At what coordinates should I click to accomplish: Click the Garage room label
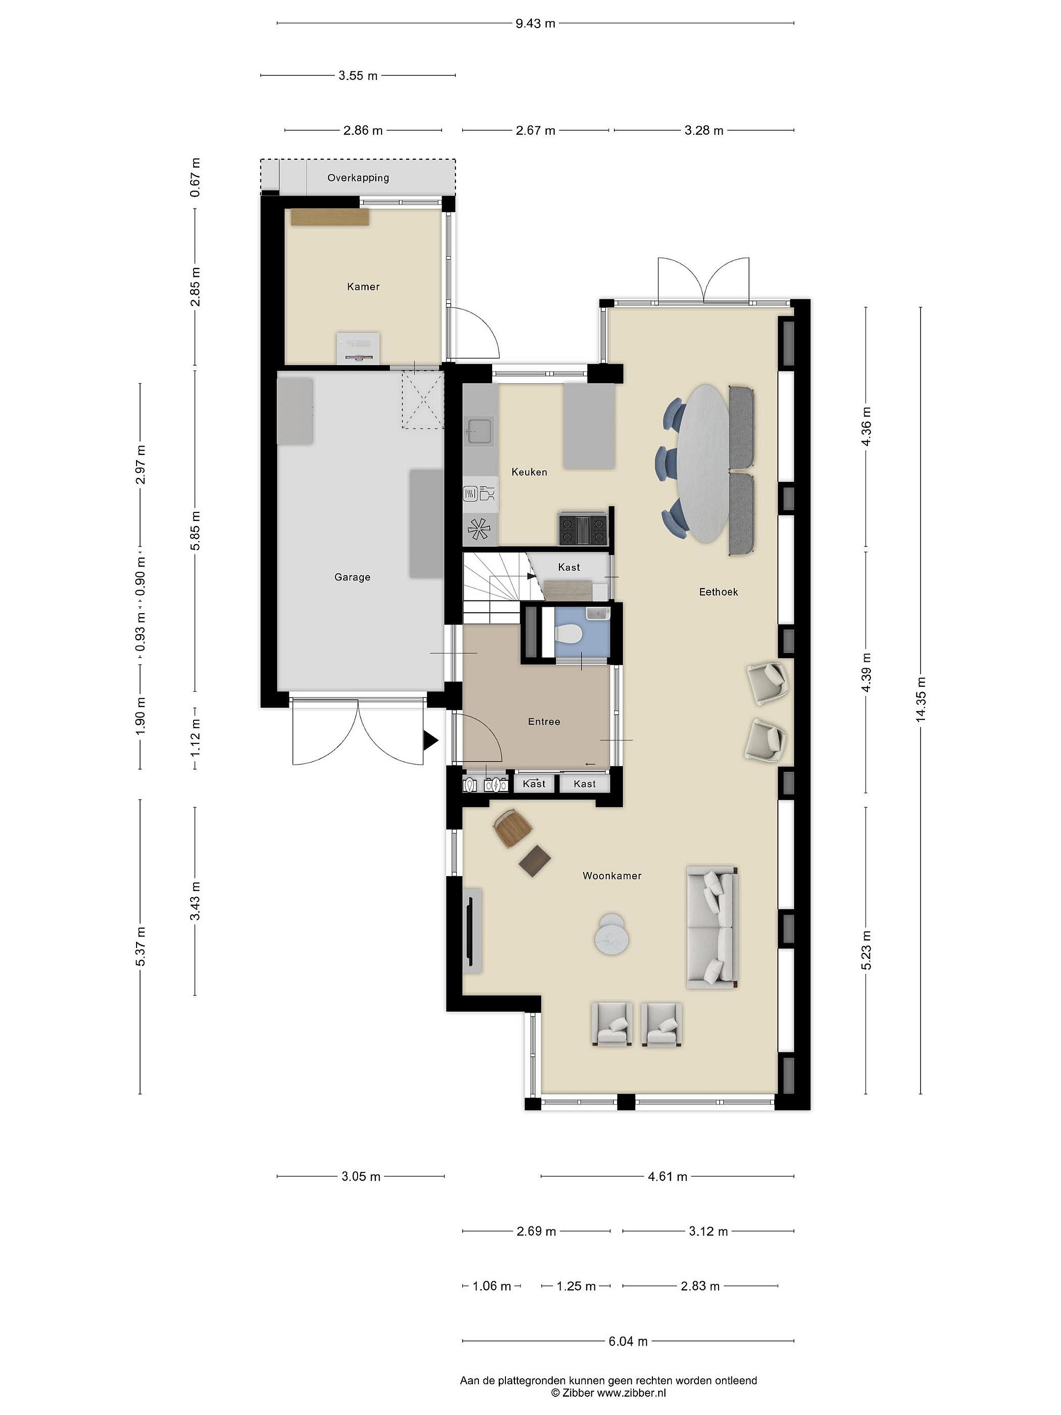(x=352, y=577)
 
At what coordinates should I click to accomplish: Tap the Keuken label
(x=529, y=472)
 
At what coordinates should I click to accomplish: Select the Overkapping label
(x=358, y=178)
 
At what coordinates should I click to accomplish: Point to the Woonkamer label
(x=612, y=876)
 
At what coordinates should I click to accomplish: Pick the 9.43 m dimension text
(x=535, y=24)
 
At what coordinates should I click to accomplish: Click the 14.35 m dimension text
(x=921, y=700)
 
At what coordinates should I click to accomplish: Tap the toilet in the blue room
(x=567, y=635)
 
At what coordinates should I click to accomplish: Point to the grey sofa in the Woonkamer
(x=712, y=928)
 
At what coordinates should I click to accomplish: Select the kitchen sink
(x=479, y=431)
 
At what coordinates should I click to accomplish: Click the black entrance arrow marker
(x=430, y=741)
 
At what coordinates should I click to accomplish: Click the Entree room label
(x=544, y=722)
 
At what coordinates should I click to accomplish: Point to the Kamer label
(x=363, y=286)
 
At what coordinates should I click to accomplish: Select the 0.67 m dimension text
(x=195, y=177)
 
